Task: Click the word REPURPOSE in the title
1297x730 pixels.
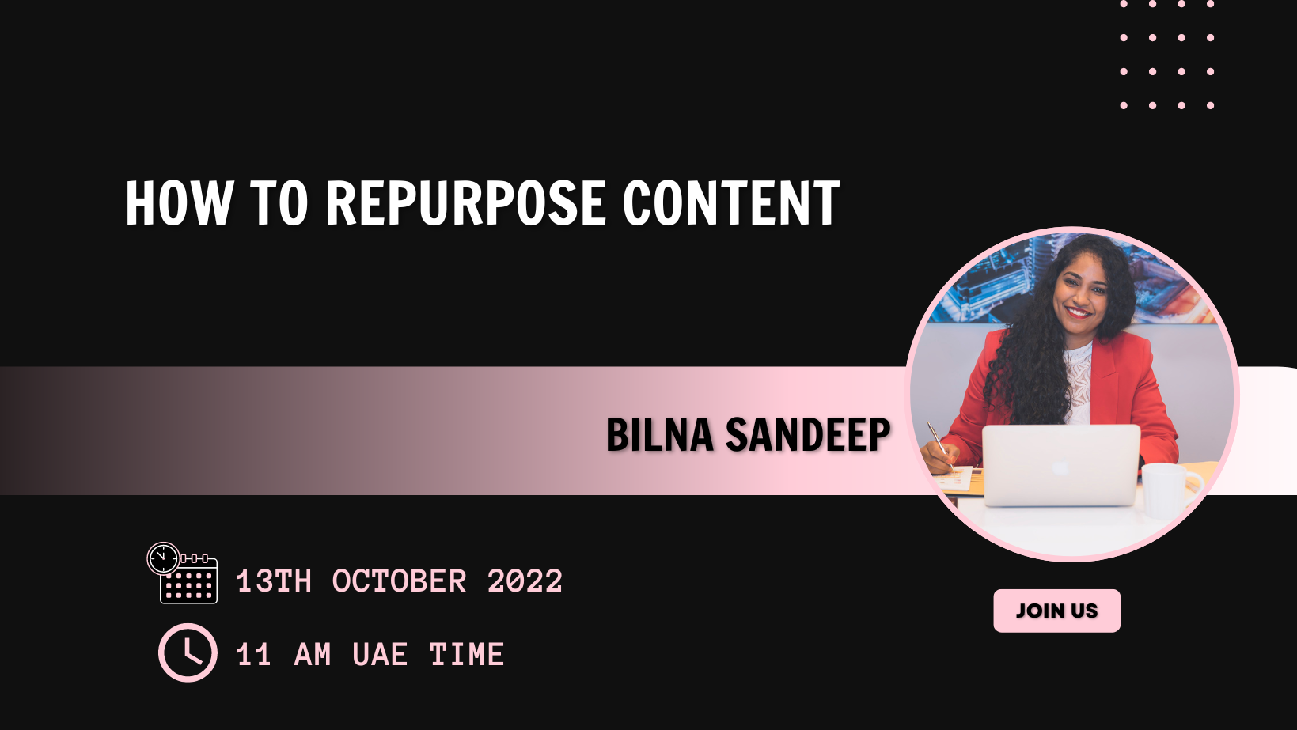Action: point(465,202)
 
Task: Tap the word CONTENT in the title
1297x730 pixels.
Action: point(730,202)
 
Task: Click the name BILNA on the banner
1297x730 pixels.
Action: point(659,435)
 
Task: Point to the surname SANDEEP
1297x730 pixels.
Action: point(808,435)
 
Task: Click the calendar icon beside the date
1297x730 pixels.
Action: point(182,573)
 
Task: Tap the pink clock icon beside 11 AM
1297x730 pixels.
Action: point(188,652)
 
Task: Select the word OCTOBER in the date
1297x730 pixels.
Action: point(399,581)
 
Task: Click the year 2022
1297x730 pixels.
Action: point(525,581)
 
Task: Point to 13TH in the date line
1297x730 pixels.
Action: point(274,581)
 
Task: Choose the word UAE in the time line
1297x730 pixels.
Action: point(380,655)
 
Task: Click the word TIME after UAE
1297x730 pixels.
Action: point(467,655)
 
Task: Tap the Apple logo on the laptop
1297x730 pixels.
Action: point(1060,467)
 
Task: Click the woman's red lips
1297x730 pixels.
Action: point(1079,312)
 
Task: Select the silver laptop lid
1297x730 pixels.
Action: point(1060,465)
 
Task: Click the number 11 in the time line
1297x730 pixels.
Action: point(254,655)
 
